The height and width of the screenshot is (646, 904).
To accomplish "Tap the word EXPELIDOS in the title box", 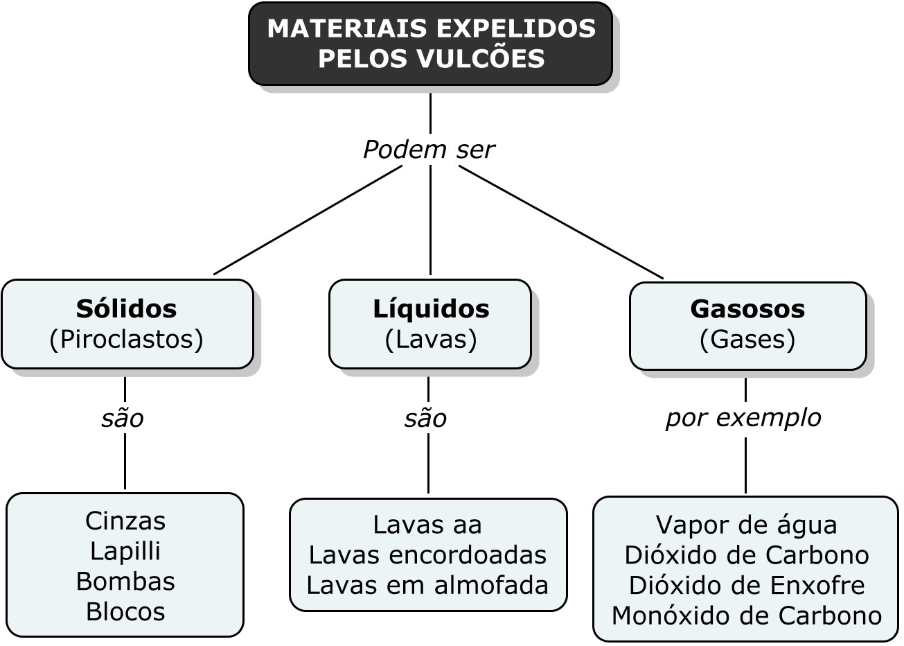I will (x=517, y=28).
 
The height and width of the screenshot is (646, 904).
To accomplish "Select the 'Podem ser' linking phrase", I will (x=429, y=150).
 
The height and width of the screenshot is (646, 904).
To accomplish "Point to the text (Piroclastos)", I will (x=126, y=339).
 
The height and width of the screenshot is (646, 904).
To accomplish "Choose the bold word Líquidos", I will (x=431, y=308).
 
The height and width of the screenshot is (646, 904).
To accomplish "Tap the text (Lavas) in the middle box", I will (x=431, y=339).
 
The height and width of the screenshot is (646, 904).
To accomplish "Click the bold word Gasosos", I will (x=747, y=308).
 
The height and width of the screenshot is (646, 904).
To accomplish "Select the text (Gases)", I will (x=747, y=339).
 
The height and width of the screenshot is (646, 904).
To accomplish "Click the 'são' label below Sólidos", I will (x=123, y=419).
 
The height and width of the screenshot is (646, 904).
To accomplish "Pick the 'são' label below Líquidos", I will (x=425, y=419).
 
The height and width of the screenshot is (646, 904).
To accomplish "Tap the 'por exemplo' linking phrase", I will (x=743, y=418).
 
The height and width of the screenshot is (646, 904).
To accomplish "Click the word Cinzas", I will (x=125, y=521).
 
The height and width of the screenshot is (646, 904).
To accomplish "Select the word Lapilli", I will (x=125, y=551).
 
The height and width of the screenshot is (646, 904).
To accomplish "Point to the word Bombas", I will (x=125, y=581).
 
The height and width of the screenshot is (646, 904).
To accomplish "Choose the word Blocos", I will (x=125, y=611).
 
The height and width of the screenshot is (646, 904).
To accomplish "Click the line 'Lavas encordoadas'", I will (x=427, y=555).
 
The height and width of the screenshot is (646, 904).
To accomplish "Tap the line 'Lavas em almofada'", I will (x=427, y=586).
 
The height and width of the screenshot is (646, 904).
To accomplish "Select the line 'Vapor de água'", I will (x=746, y=525).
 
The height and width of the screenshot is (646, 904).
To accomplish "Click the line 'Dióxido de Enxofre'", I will (x=746, y=586).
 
